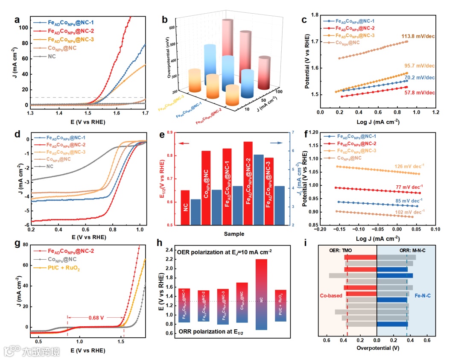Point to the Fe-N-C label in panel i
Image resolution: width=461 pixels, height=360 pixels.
(423, 295)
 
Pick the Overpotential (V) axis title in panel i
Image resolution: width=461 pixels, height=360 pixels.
(377, 348)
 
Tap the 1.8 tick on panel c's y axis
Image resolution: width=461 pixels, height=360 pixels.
(313, 15)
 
